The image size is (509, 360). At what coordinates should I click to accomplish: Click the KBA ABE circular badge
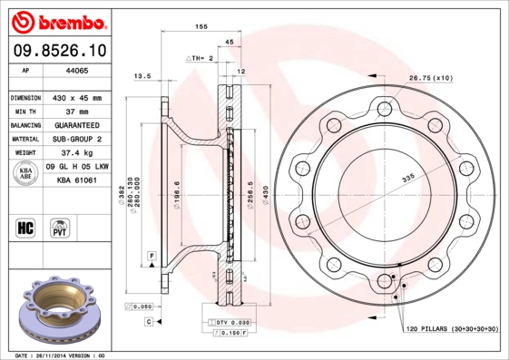[x=26, y=173]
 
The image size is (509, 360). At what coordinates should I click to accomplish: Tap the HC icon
[x=26, y=225]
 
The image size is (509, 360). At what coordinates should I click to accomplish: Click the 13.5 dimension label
[x=142, y=76]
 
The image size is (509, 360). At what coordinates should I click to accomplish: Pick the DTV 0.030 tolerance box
[x=229, y=323]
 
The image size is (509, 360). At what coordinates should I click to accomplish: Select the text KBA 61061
[x=77, y=180]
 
